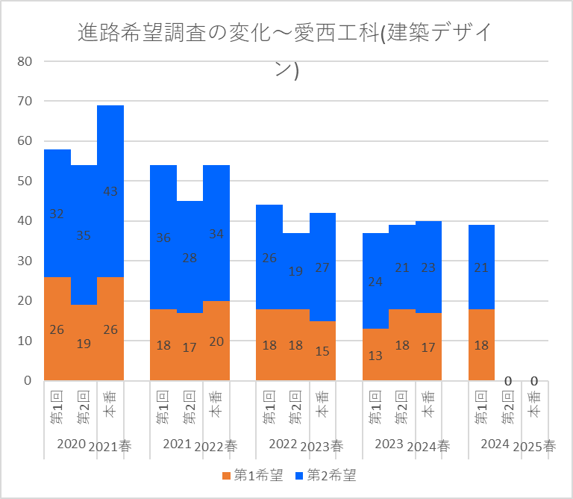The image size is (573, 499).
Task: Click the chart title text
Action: (286, 34)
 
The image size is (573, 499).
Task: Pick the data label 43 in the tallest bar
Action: (110, 191)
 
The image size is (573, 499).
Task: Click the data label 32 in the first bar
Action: (57, 214)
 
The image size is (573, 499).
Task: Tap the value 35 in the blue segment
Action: (84, 235)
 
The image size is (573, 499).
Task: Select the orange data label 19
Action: (84, 344)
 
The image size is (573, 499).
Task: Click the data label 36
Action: (163, 238)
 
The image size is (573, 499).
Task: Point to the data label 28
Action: (190, 258)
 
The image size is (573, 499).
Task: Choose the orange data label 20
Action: (216, 341)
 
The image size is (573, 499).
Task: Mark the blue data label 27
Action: (323, 267)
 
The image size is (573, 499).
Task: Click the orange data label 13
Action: (375, 356)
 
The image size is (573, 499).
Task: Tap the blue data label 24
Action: (375, 282)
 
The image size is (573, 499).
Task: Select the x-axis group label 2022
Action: (284, 444)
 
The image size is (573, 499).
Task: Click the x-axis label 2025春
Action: (535, 447)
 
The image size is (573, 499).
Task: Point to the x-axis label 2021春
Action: (110, 447)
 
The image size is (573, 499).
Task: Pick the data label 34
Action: (216, 234)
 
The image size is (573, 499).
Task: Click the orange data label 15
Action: (323, 351)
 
